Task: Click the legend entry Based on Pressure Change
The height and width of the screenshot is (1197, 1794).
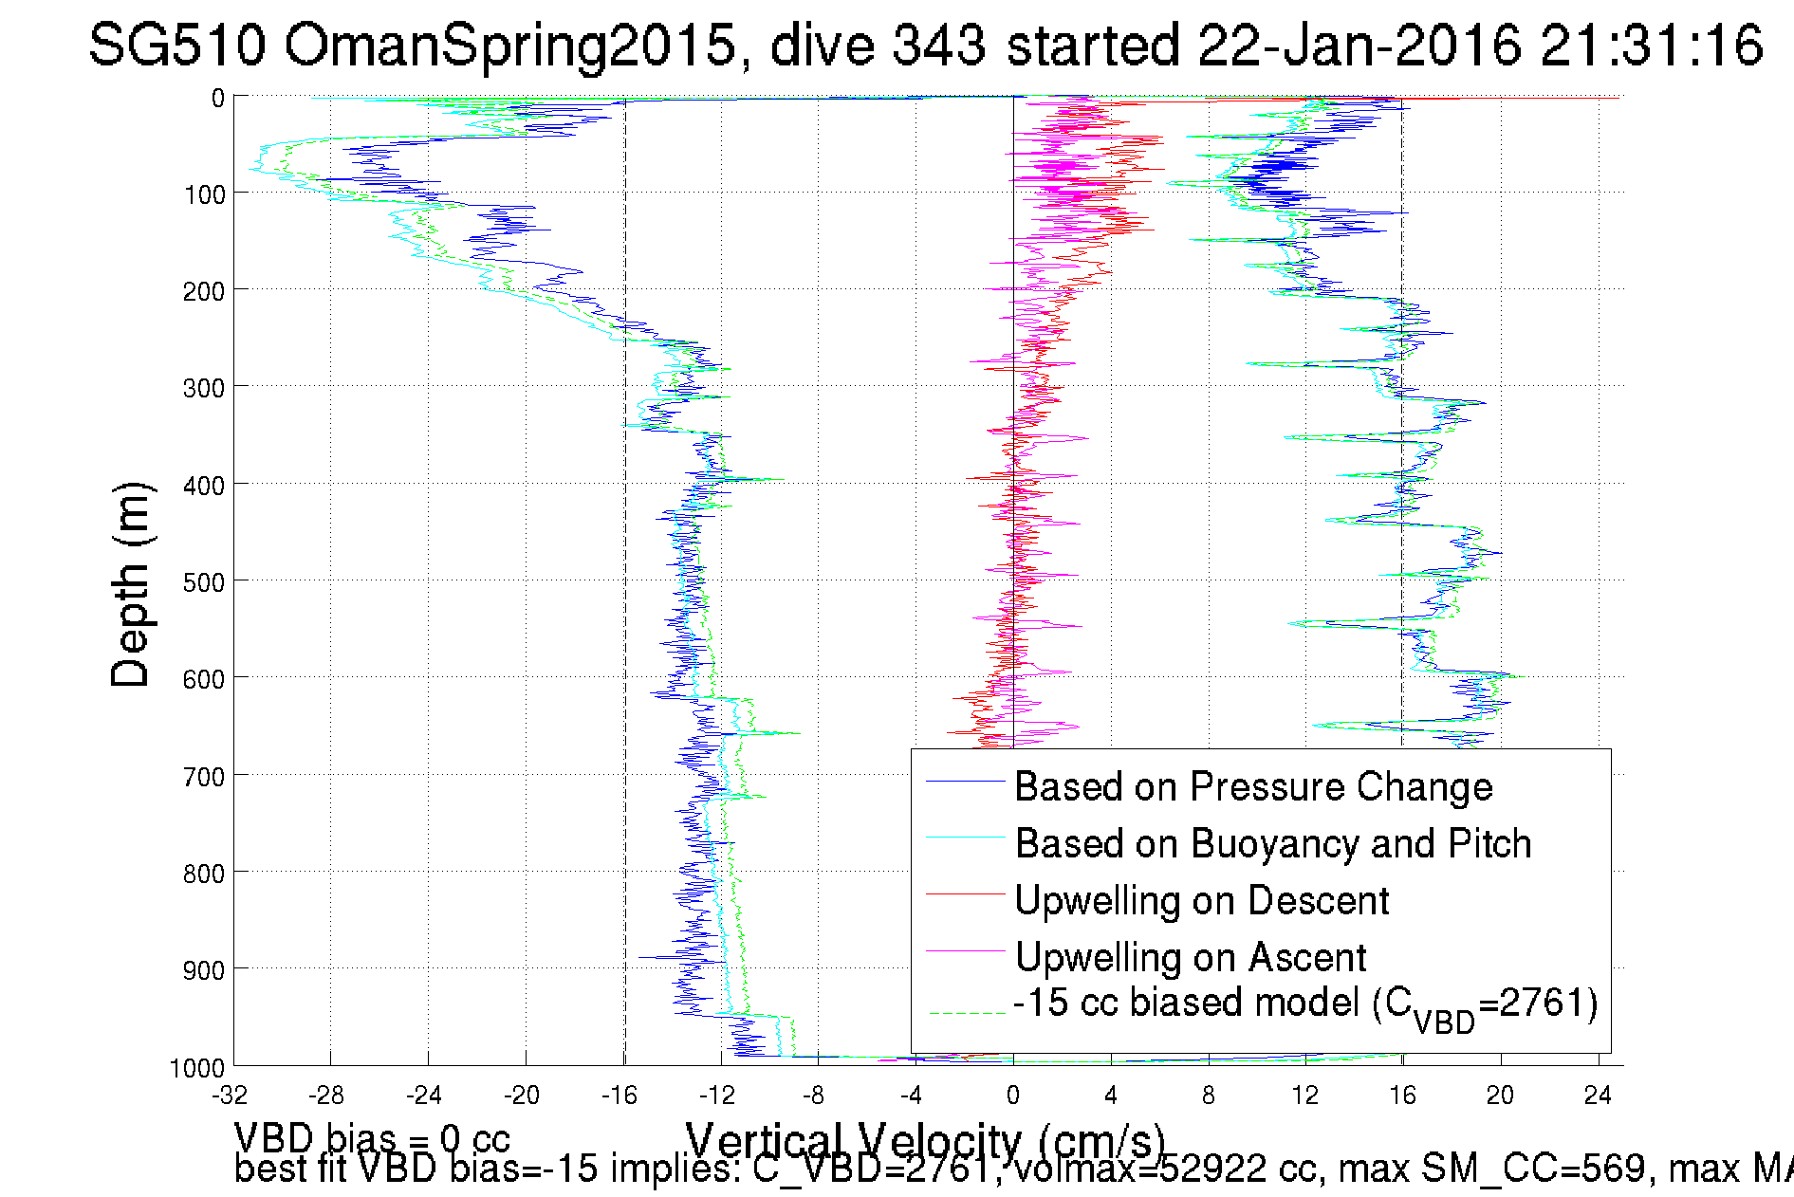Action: coord(1253,786)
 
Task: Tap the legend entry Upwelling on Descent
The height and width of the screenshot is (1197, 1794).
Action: coord(1201,900)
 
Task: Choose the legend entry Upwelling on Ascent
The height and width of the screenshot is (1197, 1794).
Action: coord(1191,957)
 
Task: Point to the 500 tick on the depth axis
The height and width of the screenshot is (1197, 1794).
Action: coord(204,581)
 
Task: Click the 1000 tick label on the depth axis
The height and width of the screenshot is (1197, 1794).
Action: coord(197,1068)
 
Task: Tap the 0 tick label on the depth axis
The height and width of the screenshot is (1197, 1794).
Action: coord(218,98)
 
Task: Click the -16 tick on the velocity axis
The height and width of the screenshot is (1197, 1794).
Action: coord(619,1096)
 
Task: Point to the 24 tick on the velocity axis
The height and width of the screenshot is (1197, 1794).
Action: coord(1598,1096)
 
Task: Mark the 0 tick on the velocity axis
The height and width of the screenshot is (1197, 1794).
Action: coord(1013,1096)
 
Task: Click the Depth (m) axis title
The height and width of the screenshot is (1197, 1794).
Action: coord(130,584)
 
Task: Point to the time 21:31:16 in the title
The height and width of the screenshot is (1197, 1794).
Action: coord(1652,45)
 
